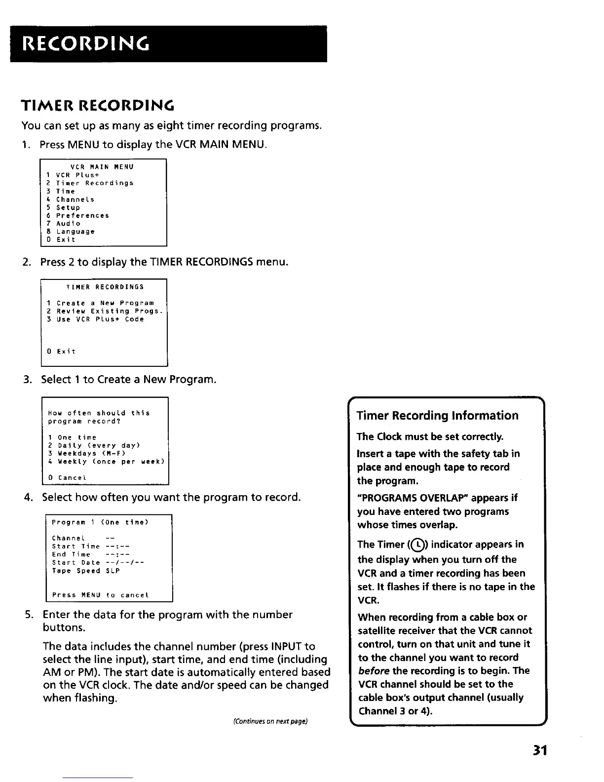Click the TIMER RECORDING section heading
[98, 106]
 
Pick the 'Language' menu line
[75, 232]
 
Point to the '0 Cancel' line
[68, 478]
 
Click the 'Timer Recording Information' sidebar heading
[437, 416]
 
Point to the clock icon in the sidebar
[417, 545]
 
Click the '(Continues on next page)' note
[270, 721]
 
